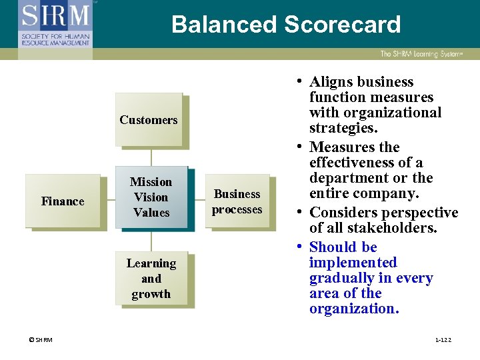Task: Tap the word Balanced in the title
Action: click(x=224, y=25)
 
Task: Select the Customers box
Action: click(x=149, y=120)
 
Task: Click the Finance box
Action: click(x=63, y=201)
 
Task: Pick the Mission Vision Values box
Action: click(x=151, y=197)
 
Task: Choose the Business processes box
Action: click(x=237, y=201)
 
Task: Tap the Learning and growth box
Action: click(x=151, y=279)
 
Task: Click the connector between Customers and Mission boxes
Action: click(x=151, y=156)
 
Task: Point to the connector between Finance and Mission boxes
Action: click(x=108, y=199)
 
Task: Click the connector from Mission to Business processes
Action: click(x=197, y=199)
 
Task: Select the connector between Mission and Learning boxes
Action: click(x=151, y=240)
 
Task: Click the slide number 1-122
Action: click(x=443, y=340)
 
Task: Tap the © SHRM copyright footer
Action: click(x=41, y=340)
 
